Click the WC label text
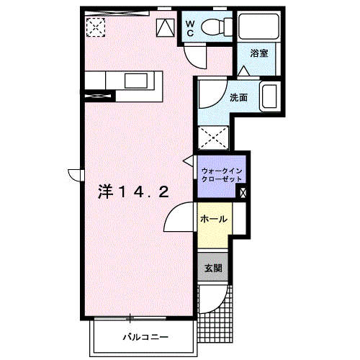(x=190, y=28)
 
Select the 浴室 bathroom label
(x=259, y=53)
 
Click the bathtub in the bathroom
(x=258, y=26)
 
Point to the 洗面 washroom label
(x=238, y=98)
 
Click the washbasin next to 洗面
(x=270, y=96)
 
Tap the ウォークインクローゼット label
(x=222, y=175)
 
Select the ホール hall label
(x=214, y=219)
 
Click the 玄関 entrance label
(x=213, y=268)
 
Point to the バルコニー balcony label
(x=145, y=337)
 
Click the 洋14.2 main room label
(x=133, y=192)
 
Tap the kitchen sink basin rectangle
(x=136, y=81)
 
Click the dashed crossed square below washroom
(x=213, y=138)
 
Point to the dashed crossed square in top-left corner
(x=96, y=27)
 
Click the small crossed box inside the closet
(x=243, y=192)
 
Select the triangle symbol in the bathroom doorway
(x=244, y=71)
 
